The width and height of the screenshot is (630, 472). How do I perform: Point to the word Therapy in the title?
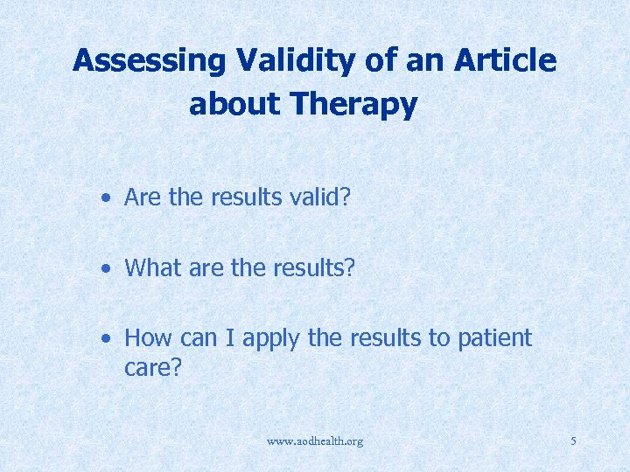(355, 105)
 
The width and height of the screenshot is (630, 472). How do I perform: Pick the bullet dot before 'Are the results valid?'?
(105, 198)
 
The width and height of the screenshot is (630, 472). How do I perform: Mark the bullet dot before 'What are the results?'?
(105, 268)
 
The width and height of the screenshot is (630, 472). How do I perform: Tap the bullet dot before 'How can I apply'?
(105, 338)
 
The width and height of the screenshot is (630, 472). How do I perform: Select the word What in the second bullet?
(151, 267)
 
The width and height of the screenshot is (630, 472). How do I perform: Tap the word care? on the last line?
(152, 368)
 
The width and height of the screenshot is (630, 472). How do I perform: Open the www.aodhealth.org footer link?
(315, 441)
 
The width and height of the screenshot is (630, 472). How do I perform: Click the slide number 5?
(573, 441)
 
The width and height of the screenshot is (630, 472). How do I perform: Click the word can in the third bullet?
(199, 338)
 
